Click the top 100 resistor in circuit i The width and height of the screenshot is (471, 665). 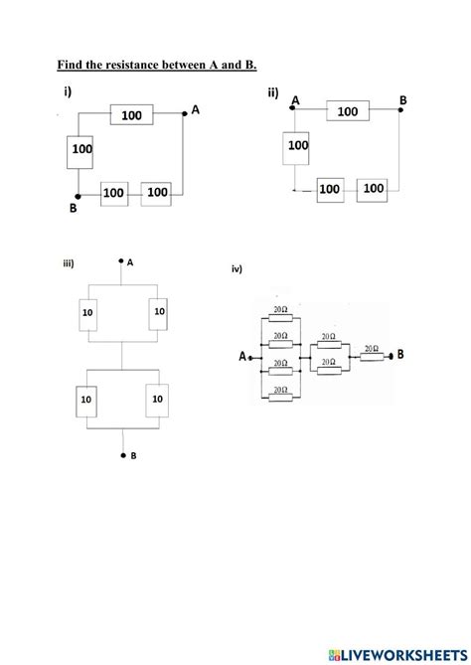[x=132, y=116]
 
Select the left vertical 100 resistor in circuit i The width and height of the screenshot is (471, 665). [x=81, y=150]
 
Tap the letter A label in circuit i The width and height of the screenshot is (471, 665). [x=195, y=110]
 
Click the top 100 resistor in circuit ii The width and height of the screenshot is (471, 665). [x=347, y=112]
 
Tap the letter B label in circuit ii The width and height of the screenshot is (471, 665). [x=402, y=99]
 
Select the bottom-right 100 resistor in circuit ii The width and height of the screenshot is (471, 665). [x=373, y=187]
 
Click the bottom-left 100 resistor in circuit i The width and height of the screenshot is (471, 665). [x=113, y=193]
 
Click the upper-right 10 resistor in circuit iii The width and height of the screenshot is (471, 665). [x=159, y=312]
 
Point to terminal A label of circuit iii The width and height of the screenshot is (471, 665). [x=130, y=262]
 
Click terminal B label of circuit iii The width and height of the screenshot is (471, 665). [x=132, y=456]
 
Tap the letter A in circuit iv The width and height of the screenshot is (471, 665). [x=243, y=357]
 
